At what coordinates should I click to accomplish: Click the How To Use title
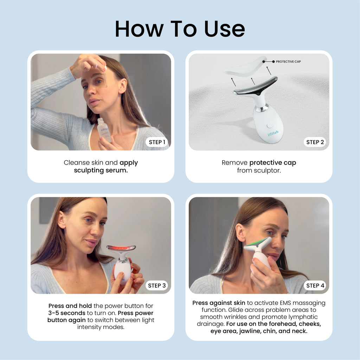(180, 29)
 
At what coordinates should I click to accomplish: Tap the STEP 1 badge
(157, 142)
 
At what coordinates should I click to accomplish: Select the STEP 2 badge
(315, 142)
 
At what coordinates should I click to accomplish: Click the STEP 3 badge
(157, 285)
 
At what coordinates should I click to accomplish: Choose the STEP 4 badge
(315, 285)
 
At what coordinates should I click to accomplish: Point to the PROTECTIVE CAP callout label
(288, 62)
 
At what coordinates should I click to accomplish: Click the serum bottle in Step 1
(104, 130)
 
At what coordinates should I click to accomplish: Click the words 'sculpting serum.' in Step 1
(101, 170)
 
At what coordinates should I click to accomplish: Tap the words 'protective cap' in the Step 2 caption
(273, 163)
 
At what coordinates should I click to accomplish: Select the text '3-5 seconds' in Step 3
(67, 313)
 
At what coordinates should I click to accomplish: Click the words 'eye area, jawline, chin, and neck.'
(259, 331)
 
